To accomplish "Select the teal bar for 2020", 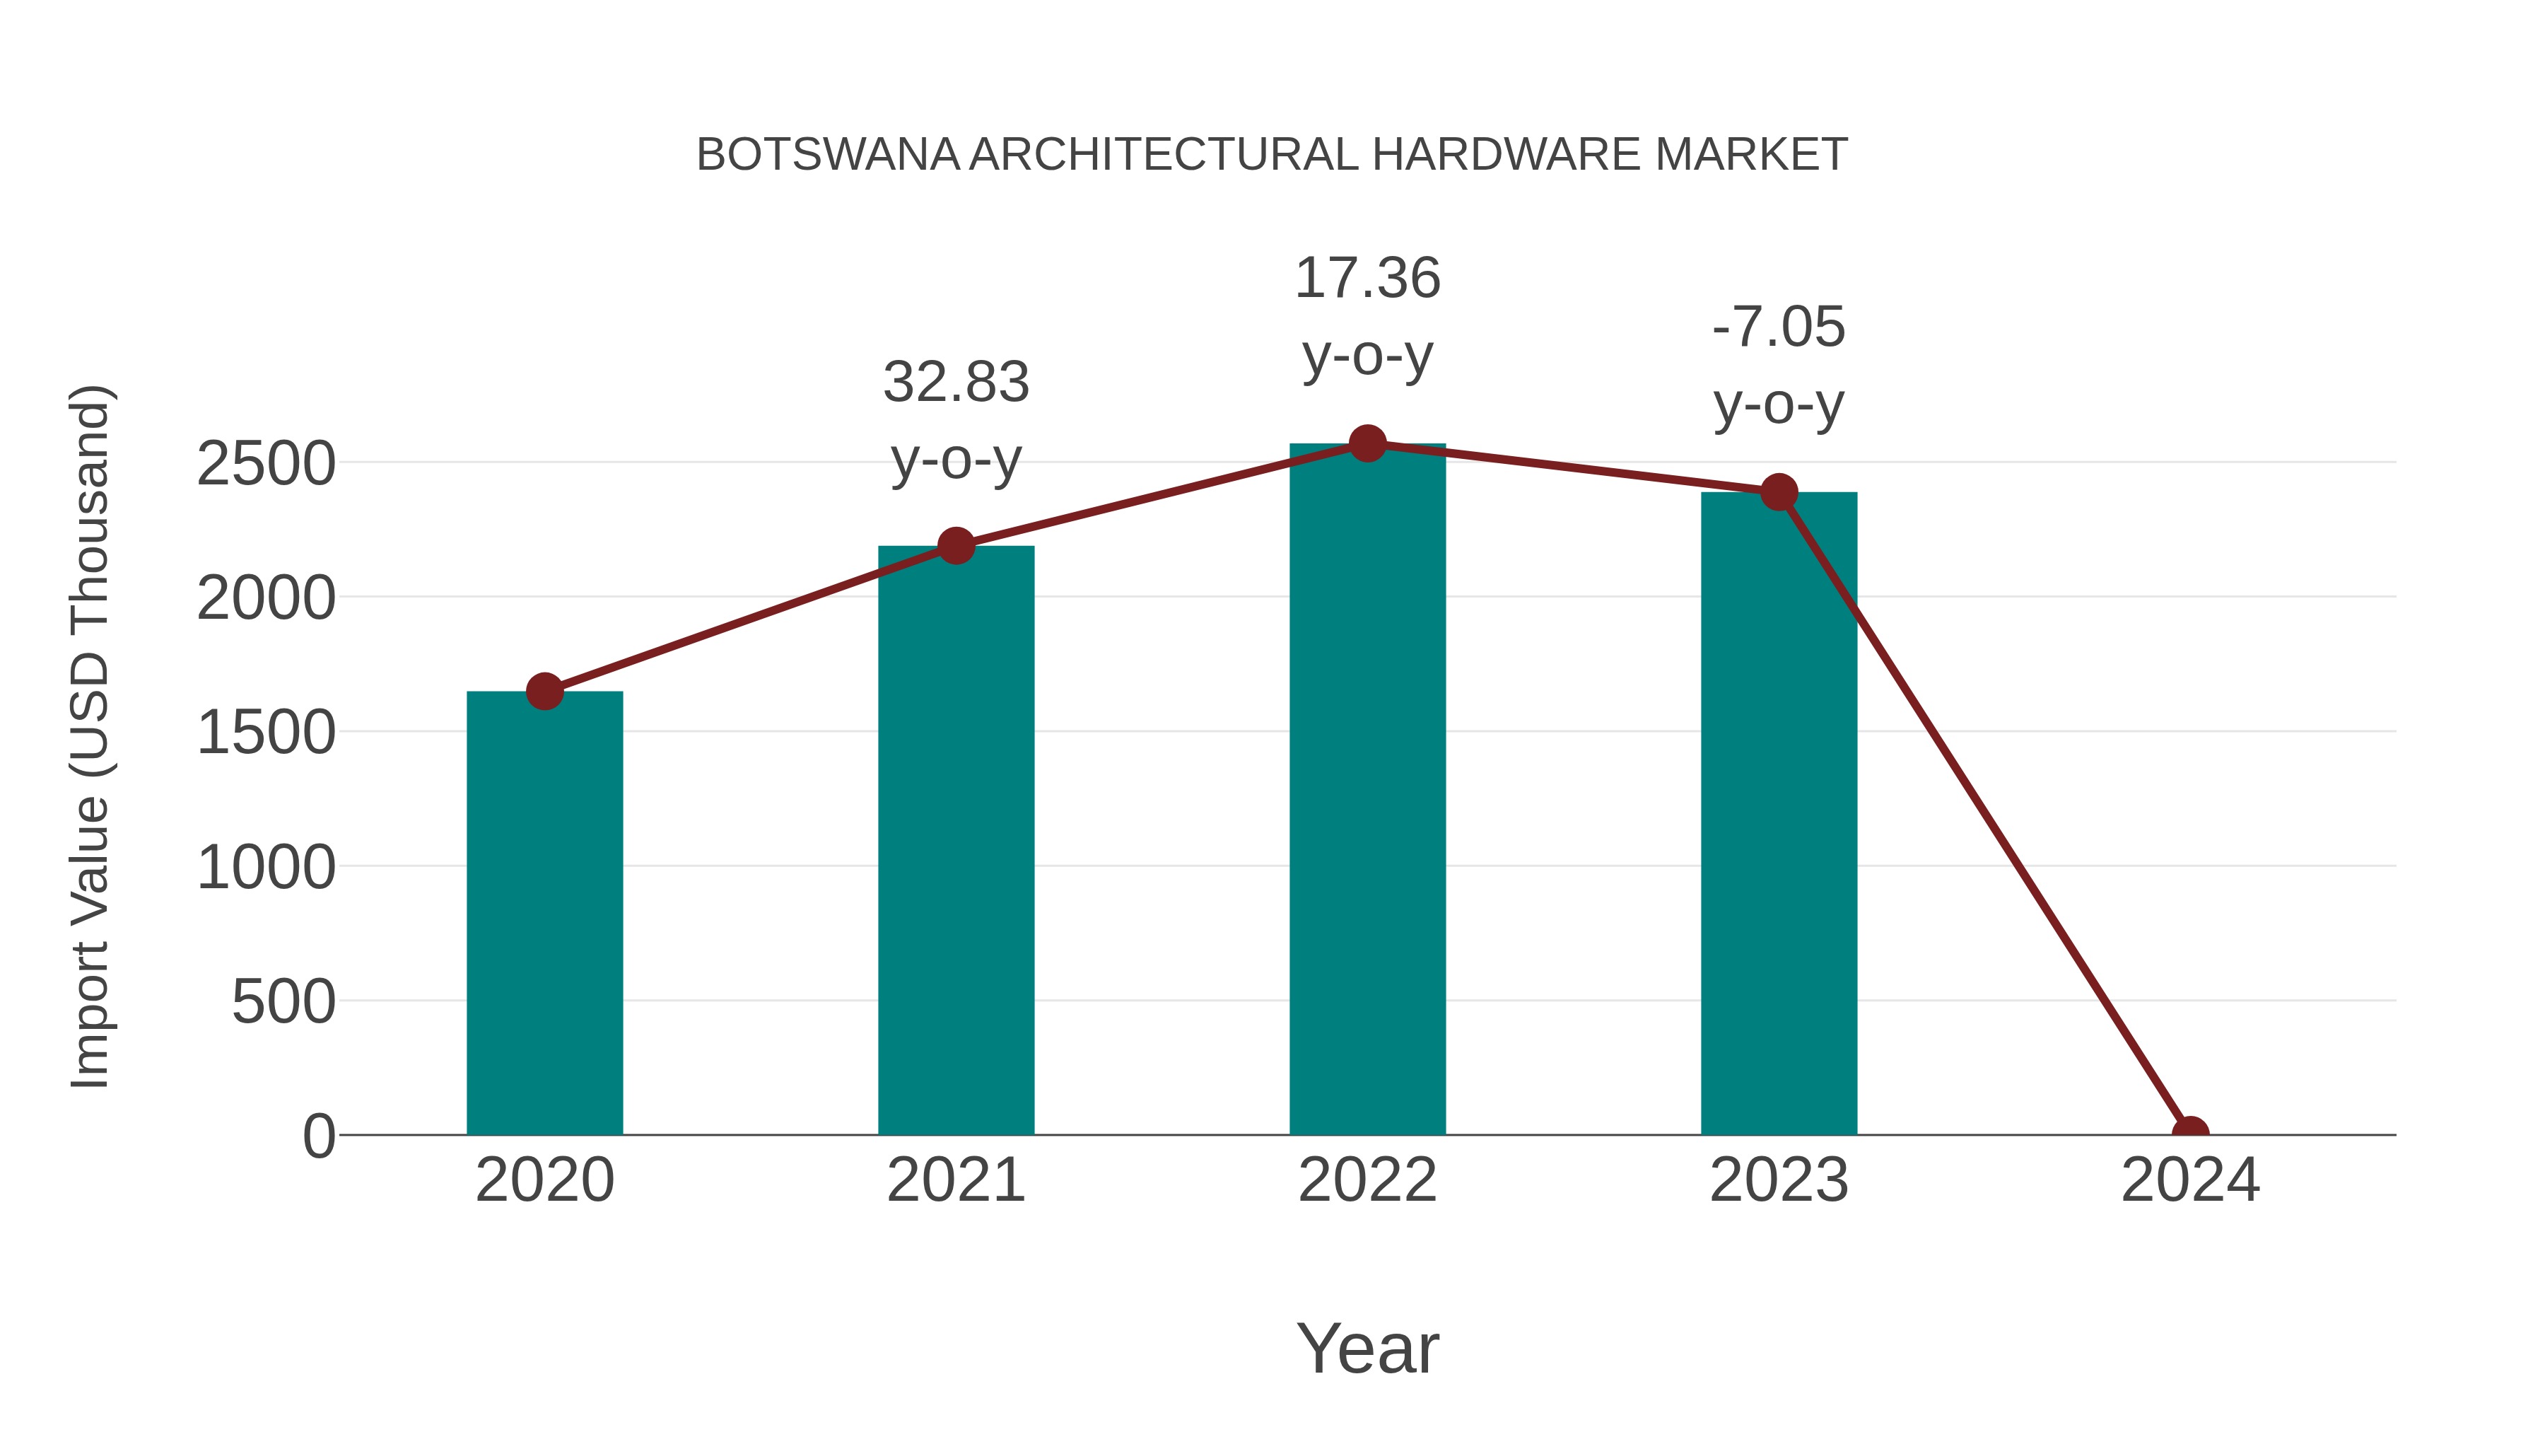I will pyautogui.click(x=544, y=914).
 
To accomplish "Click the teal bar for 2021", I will pyautogui.click(x=955, y=840).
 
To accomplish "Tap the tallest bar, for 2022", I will pyautogui.click(x=1367, y=791).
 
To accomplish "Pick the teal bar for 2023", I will pyautogui.click(x=1779, y=815).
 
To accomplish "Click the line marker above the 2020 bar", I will pyautogui.click(x=544, y=691).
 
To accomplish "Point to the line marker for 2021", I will pyautogui.click(x=955, y=545).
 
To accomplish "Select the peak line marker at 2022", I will pyautogui.click(x=1367, y=443).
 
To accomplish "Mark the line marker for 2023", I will pyautogui.click(x=1779, y=491).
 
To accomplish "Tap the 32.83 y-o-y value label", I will pyautogui.click(x=955, y=383).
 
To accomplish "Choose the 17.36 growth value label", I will pyautogui.click(x=1367, y=279).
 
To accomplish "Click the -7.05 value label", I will pyautogui.click(x=1779, y=327).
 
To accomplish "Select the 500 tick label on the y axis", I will pyautogui.click(x=283, y=1002).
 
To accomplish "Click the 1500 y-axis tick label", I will pyautogui.click(x=266, y=733).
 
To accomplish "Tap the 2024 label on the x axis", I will pyautogui.click(x=2190, y=1180).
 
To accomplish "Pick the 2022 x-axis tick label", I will pyautogui.click(x=1367, y=1180).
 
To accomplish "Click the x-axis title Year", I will pyautogui.click(x=1367, y=1348).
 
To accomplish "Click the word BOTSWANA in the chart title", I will pyautogui.click(x=828, y=155).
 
